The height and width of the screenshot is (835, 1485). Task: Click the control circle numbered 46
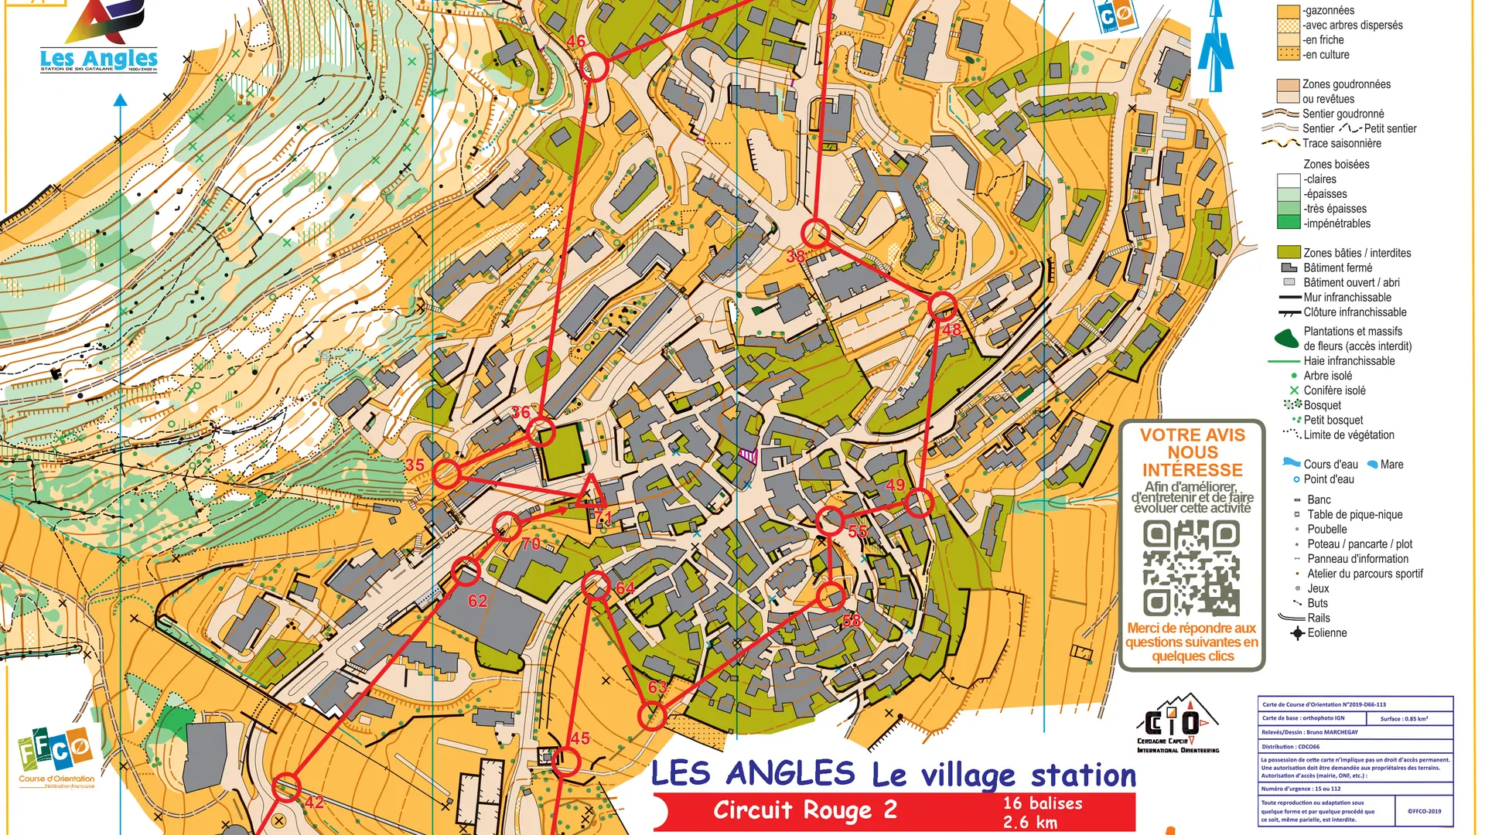point(594,67)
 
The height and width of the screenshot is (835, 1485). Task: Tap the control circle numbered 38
point(815,233)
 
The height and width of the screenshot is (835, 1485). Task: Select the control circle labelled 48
point(942,307)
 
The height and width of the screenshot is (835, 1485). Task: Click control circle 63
point(653,717)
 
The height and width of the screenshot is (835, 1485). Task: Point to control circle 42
point(287,787)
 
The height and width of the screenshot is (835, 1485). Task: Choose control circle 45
point(566,763)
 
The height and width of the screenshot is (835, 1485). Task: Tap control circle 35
point(446,473)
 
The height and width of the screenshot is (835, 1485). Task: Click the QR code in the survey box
point(1191,568)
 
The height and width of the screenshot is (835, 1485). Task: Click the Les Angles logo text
point(98,59)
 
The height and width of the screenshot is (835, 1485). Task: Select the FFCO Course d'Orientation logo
point(56,758)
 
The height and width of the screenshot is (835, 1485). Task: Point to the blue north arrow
point(1216,46)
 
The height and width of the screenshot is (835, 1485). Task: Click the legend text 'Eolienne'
point(1326,633)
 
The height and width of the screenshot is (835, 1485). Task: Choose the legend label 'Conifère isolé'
point(1334,391)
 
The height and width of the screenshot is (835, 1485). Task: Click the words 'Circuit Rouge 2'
point(804,810)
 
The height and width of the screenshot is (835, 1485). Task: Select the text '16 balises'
point(1043,803)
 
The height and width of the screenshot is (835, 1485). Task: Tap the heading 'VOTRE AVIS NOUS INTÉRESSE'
point(1192,452)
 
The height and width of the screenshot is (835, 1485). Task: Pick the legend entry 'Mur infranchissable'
point(1347,298)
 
